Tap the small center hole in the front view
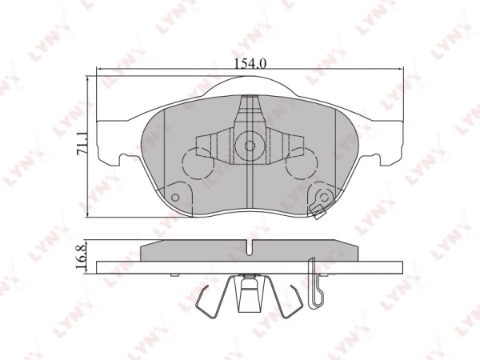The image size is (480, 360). tap(249, 146)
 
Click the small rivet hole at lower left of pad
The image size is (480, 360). tap(176, 194)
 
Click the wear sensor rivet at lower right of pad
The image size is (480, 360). tap(324, 199)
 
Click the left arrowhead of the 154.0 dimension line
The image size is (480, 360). tap(100, 72)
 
